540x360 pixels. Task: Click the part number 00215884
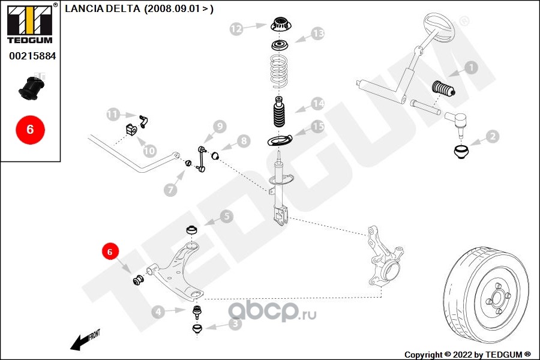pyautogui.click(x=32, y=56)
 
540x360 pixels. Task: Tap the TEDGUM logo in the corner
pyautogui.click(x=31, y=23)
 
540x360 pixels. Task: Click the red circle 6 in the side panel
pyautogui.click(x=31, y=130)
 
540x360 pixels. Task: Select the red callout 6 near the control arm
pyautogui.click(x=110, y=252)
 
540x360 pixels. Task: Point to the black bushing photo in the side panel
pyautogui.click(x=31, y=88)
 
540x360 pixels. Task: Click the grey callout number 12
pyautogui.click(x=236, y=29)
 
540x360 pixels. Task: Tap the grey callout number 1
pyautogui.click(x=471, y=68)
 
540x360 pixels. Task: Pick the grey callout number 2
pyautogui.click(x=493, y=136)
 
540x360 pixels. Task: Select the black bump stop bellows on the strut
pyautogui.click(x=280, y=112)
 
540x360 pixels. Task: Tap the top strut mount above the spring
pyautogui.click(x=281, y=25)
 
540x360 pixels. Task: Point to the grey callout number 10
pyautogui.click(x=150, y=151)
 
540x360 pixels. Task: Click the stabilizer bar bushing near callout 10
pyautogui.click(x=130, y=129)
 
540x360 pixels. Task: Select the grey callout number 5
pyautogui.click(x=226, y=217)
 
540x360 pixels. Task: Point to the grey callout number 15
pyautogui.click(x=318, y=127)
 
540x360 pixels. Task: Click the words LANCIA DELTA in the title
pyautogui.click(x=102, y=8)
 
